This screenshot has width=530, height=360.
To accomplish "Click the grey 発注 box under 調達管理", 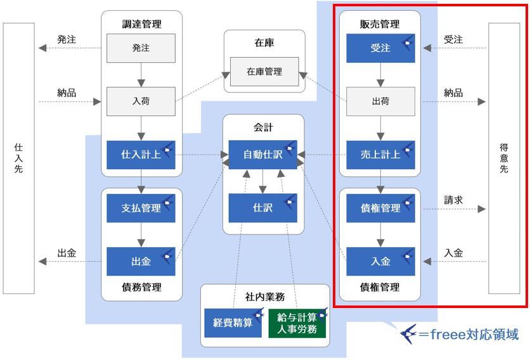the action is [x=141, y=48].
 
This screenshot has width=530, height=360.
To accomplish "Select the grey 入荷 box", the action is [x=141, y=101].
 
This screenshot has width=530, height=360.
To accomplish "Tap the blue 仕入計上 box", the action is [x=141, y=155].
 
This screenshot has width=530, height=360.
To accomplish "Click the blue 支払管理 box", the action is [x=141, y=209].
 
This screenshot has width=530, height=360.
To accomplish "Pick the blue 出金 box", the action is [x=141, y=262].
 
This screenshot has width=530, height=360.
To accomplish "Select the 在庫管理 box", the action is [x=264, y=72].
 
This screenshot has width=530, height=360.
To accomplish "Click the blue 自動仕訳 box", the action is [x=263, y=155].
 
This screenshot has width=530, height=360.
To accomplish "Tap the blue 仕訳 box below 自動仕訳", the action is [x=263, y=209].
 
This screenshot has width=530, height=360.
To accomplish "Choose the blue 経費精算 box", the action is [x=233, y=323].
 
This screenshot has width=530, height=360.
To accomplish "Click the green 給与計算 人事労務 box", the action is [x=297, y=323].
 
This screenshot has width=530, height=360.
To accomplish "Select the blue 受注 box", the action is [x=380, y=48].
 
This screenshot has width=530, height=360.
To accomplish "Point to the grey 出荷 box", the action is [x=380, y=101].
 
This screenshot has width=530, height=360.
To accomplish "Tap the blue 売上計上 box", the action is [x=380, y=155].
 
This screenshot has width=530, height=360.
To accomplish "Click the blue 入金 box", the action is [x=380, y=262].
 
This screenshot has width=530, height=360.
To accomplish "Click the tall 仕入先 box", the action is [x=19, y=158].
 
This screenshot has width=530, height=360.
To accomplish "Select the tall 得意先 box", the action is [x=504, y=158].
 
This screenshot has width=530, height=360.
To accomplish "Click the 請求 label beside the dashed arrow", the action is [x=453, y=200].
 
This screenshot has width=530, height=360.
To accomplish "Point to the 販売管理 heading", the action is [x=380, y=24].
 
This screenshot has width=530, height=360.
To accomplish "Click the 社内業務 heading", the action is [x=265, y=297].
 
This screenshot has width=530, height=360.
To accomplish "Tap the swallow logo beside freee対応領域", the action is [x=408, y=334].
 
